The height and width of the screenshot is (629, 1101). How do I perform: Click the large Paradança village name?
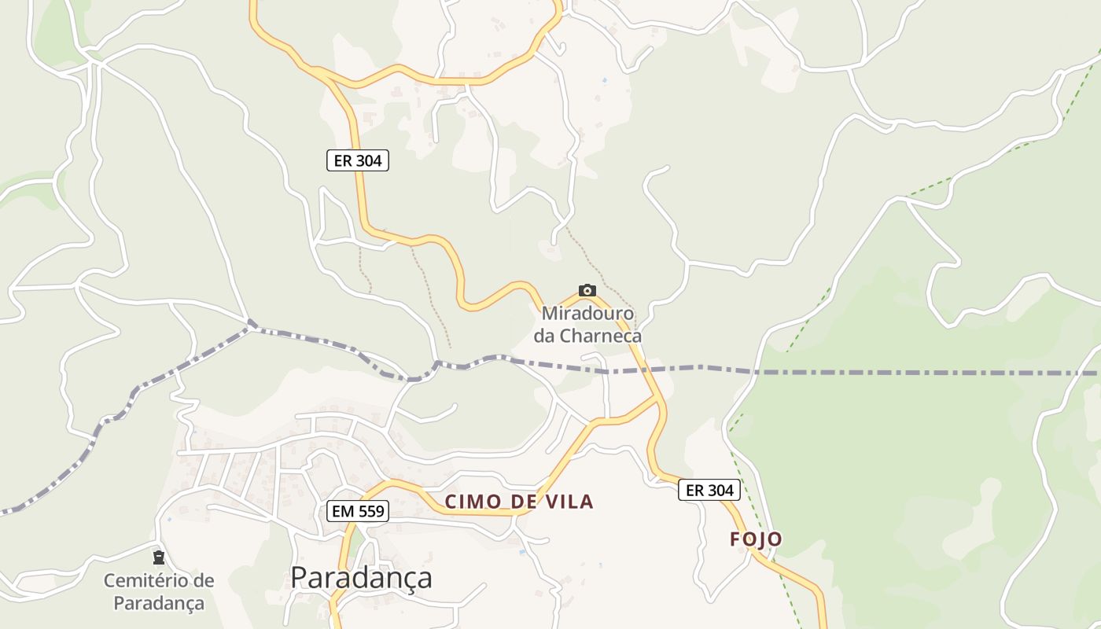(361, 577)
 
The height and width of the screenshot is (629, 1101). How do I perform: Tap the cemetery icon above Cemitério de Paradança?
(159, 557)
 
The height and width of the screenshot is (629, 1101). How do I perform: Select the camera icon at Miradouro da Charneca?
(587, 290)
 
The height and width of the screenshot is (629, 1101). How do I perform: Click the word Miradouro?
(587, 314)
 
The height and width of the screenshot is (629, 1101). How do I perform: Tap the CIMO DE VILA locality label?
(519, 501)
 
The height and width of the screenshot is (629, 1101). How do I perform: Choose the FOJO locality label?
(756, 539)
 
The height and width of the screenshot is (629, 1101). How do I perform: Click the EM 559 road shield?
(358, 511)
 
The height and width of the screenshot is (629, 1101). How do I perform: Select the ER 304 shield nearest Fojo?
(709, 490)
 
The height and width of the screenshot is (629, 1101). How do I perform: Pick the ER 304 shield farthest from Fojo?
(358, 160)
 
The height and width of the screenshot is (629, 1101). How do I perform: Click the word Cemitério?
(159, 581)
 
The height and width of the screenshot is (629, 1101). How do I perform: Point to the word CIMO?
(470, 501)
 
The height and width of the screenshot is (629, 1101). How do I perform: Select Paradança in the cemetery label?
(159, 603)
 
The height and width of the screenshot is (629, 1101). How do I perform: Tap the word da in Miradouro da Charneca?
(545, 336)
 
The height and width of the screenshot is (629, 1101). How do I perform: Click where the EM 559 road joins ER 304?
(658, 398)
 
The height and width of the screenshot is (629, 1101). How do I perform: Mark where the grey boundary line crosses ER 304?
(644, 369)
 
